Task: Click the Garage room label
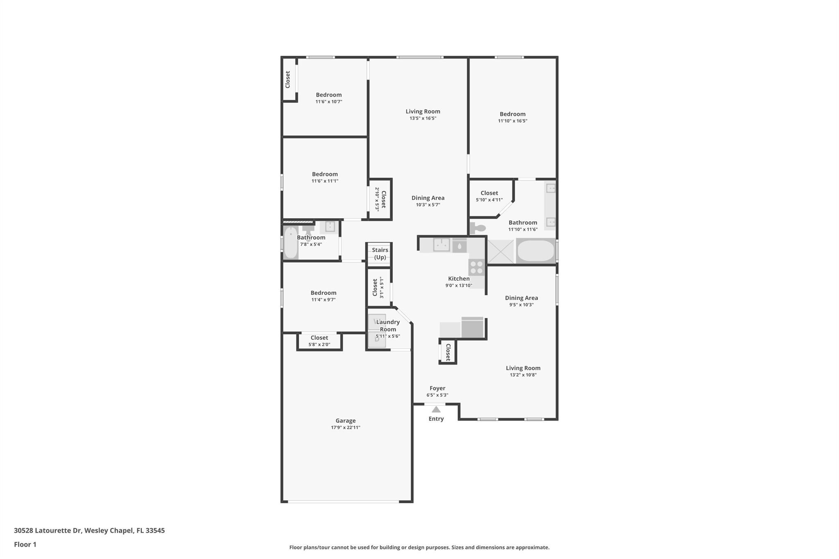coord(345,421)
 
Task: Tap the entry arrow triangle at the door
coord(436,410)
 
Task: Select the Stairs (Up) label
coord(380,253)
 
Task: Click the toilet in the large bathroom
coord(478,228)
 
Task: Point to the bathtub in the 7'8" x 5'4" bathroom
coord(291,242)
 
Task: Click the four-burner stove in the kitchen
coord(476,267)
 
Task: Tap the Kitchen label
coord(459,278)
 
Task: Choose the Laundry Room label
coord(388,326)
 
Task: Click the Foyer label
coord(437,388)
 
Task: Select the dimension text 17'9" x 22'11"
coord(345,428)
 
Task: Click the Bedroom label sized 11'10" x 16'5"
coord(512,114)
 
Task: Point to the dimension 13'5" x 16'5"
coord(423,118)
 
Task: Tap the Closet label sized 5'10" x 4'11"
coord(489,193)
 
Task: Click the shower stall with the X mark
coord(500,251)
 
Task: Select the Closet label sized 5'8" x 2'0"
coord(319,338)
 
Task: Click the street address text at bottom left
coord(89,531)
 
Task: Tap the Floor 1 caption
coord(25,544)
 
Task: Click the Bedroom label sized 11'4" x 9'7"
coord(323,293)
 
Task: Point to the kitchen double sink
coord(442,245)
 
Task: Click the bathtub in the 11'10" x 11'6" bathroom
coord(536,251)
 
